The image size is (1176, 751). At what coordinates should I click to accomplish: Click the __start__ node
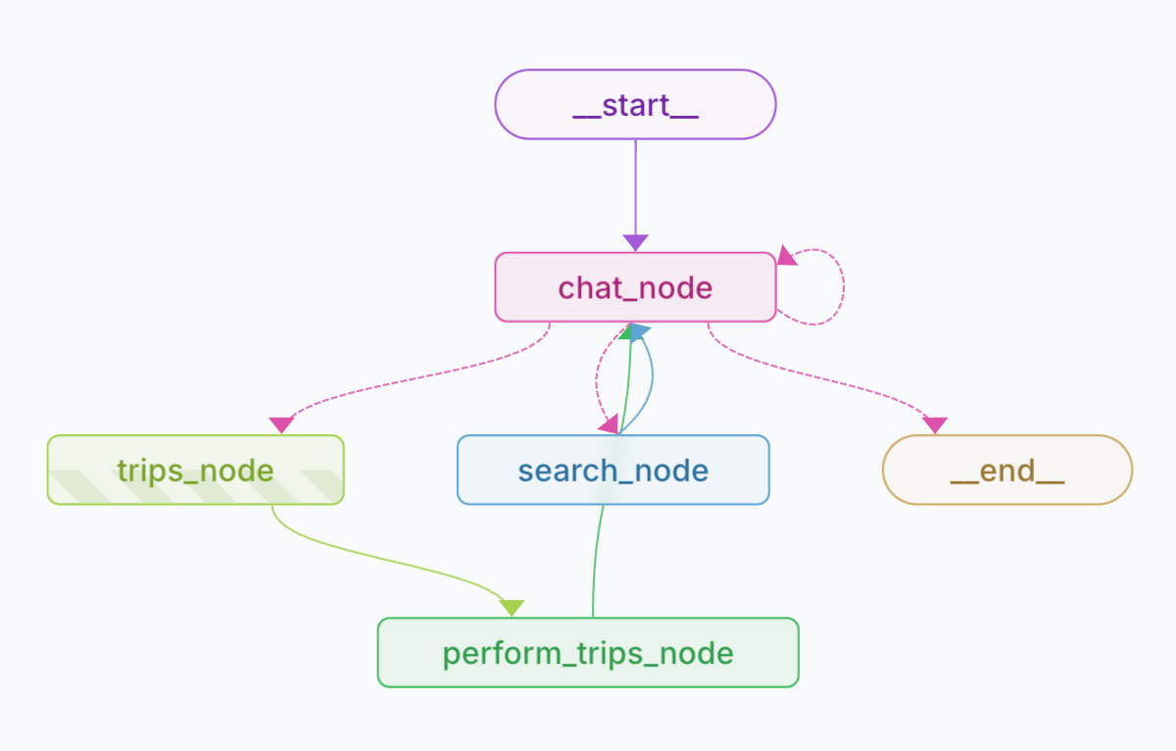635,104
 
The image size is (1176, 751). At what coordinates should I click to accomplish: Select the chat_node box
635,287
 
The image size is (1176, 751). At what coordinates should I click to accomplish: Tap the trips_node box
195,470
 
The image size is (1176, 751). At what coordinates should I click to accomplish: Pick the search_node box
612,470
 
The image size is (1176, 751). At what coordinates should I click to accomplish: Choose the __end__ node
1007,470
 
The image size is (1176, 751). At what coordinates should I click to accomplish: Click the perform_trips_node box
588,652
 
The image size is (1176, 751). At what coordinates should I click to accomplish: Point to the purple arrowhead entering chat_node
635,242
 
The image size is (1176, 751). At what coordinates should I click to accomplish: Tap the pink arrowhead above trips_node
281,425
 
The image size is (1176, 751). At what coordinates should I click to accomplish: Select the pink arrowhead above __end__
935,425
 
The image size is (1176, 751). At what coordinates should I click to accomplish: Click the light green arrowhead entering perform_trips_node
512,608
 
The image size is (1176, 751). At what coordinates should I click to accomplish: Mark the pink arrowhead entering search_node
609,425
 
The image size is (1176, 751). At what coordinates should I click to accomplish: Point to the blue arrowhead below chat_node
638,333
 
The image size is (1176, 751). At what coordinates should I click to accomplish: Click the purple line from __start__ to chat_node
635,186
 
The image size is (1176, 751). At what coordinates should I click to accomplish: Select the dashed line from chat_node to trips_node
412,377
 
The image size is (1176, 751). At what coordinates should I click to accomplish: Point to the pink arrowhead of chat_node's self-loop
787,256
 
